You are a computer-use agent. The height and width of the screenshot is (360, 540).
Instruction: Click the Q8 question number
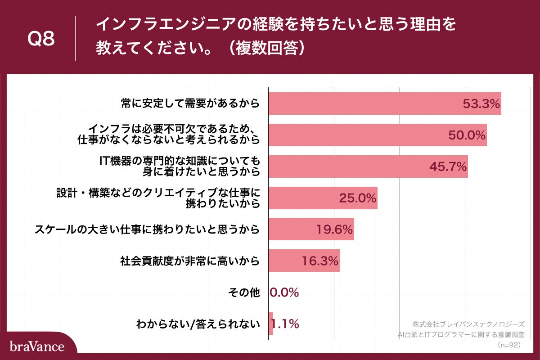41,40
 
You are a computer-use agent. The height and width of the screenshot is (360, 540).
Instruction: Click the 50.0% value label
467,135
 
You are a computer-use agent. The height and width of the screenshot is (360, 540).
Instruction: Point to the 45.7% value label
448,167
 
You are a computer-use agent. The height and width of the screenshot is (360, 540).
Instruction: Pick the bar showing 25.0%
323,198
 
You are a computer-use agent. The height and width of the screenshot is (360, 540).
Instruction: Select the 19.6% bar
311,229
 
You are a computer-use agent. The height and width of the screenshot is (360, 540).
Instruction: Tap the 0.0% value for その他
284,292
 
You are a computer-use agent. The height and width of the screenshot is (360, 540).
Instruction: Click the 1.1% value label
285,324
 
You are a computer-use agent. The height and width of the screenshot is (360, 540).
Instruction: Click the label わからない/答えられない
198,324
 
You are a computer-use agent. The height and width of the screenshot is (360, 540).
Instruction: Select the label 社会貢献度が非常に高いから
190,261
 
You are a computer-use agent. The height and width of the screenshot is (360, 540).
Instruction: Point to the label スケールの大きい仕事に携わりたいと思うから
148,229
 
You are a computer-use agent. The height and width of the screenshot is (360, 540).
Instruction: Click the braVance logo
37,346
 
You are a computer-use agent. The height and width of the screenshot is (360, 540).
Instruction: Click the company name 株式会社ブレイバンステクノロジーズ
468,324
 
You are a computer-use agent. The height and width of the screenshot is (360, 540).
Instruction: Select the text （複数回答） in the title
266,49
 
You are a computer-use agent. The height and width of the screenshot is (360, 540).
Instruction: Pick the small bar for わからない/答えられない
271,324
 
